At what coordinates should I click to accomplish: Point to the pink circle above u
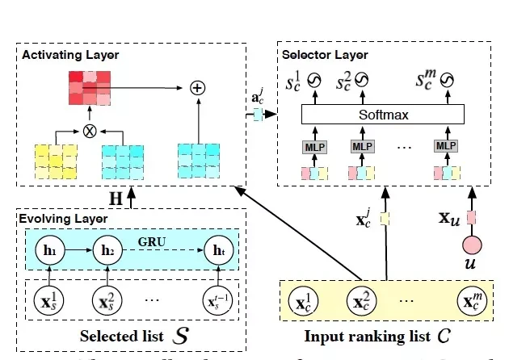pos(473,245)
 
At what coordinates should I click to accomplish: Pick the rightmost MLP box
pos(444,147)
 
